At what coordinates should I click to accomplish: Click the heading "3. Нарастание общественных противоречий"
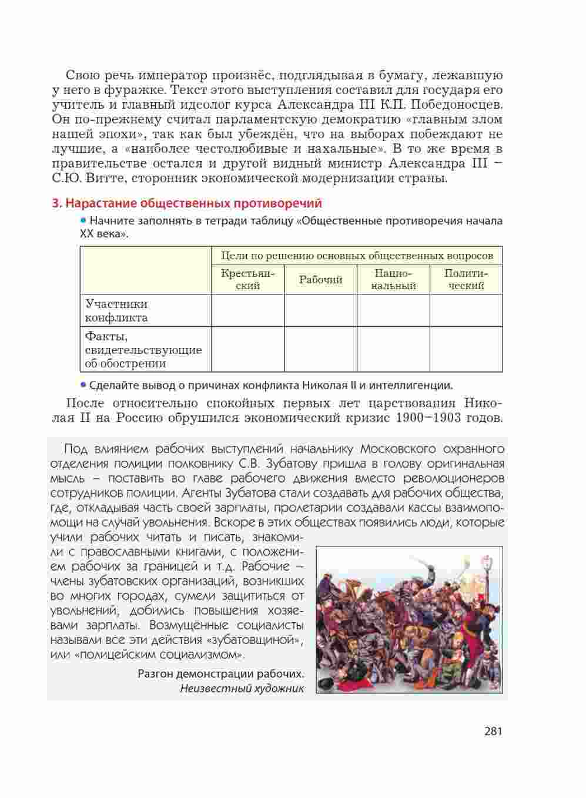187,203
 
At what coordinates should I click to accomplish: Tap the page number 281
493,732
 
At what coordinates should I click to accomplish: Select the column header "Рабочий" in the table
320,280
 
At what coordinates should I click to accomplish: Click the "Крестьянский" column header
247,280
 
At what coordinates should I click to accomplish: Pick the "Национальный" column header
393,280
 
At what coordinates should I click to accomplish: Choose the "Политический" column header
466,280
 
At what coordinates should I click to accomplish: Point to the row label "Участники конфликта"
116,311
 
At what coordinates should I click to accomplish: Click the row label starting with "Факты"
143,350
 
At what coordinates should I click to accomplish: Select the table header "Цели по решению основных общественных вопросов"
357,256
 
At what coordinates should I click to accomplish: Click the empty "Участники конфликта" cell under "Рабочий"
320,310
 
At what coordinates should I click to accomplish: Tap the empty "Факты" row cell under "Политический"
466,350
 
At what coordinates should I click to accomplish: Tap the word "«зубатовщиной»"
254,640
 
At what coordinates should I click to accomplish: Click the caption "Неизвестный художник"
242,689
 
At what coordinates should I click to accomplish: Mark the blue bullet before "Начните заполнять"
83,221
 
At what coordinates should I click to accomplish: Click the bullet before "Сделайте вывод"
83,385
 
